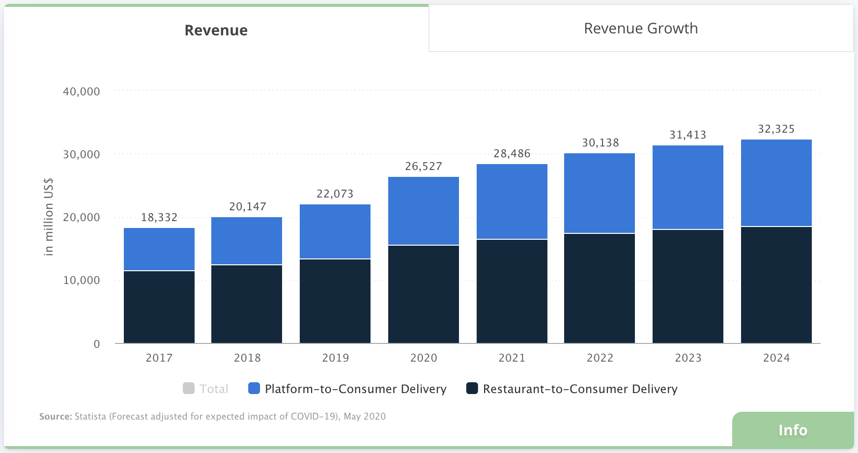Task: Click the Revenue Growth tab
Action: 641,28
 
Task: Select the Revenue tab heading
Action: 216,30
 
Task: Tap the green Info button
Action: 793,430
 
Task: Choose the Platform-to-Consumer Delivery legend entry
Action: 347,389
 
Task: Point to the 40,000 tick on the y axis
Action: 82,91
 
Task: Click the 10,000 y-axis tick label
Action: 82,280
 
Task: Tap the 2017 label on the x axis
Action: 159,358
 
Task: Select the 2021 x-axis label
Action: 512,358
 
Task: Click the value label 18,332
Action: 159,217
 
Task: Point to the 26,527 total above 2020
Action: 424,166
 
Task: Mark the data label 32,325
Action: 776,129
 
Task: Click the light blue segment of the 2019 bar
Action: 335,231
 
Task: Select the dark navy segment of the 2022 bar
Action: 600,288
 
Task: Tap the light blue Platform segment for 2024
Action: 776,183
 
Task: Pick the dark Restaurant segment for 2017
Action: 159,307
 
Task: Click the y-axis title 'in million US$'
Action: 48,217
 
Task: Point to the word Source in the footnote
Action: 56,417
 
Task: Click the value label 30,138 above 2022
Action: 601,142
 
